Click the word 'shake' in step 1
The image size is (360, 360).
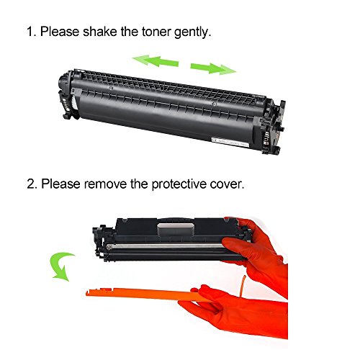click(100, 32)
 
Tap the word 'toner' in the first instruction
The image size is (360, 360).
click(156, 32)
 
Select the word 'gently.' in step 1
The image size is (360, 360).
click(193, 32)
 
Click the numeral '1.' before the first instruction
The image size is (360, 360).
click(32, 32)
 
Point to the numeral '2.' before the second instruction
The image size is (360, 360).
click(32, 184)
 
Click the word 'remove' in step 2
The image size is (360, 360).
click(105, 184)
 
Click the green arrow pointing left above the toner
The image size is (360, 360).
click(156, 61)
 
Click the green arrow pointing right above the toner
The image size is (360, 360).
click(213, 68)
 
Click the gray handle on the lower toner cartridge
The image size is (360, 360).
click(175, 230)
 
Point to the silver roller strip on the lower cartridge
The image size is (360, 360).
click(166, 246)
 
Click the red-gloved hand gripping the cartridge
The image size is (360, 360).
click(258, 252)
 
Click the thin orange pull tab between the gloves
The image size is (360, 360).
click(243, 287)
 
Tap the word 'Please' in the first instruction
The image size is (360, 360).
click(60, 32)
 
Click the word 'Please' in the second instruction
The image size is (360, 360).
click(60, 184)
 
